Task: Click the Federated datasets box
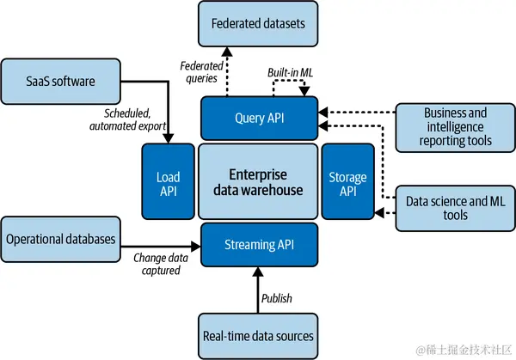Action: (x=257, y=23)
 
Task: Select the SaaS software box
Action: (x=60, y=81)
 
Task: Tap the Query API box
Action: (x=258, y=118)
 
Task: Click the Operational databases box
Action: (x=60, y=238)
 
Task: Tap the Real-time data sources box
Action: (x=257, y=336)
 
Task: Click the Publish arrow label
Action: (x=277, y=298)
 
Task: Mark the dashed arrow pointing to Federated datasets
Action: (x=226, y=72)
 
